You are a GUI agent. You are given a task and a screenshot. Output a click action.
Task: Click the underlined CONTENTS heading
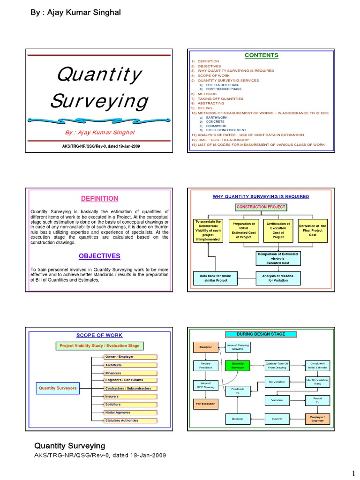[x=261, y=55]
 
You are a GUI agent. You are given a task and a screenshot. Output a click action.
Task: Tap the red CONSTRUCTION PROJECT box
[x=261, y=207]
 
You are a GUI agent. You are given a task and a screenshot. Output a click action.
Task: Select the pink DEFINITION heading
[x=100, y=198]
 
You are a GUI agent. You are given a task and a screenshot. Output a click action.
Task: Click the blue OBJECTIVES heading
[x=99, y=256]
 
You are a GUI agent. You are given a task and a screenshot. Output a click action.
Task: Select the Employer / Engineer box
[x=317, y=419]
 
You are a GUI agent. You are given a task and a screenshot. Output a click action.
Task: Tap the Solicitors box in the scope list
[x=131, y=404]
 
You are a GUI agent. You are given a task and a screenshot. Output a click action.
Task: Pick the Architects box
[x=131, y=365]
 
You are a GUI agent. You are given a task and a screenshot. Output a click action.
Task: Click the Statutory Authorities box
[x=131, y=420]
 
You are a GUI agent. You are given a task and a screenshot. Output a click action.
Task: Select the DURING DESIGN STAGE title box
[x=261, y=334]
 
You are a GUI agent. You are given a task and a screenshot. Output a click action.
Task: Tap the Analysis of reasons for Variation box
[x=277, y=278]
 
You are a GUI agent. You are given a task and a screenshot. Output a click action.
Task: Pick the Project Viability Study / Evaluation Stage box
[x=99, y=346]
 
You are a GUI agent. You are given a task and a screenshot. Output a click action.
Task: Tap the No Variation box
[x=277, y=382]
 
